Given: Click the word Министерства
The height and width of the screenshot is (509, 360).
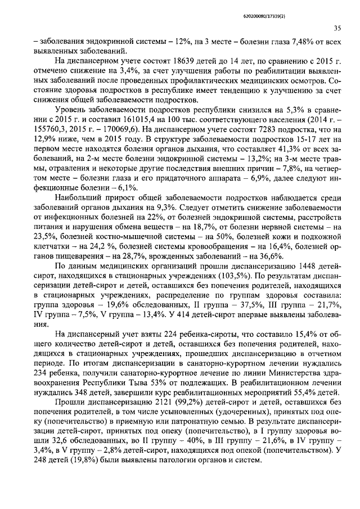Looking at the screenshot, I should tap(299, 369).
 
